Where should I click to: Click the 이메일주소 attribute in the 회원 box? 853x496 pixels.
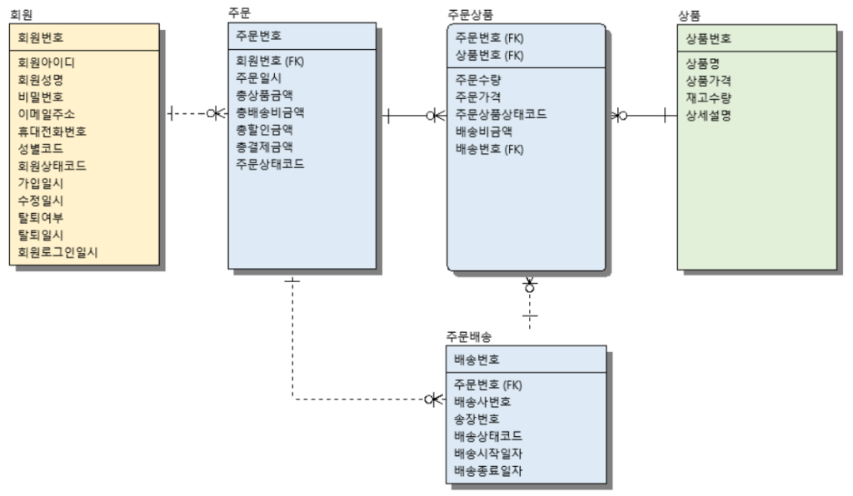46,114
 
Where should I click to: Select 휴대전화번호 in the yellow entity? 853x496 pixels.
52,131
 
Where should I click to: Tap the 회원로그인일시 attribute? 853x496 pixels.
57,252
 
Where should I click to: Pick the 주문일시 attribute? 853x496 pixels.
258,77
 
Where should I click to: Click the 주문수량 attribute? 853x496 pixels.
478,80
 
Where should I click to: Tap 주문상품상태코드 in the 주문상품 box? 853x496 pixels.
501,114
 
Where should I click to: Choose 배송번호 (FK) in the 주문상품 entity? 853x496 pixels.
489,149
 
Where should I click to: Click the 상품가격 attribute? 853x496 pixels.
708,81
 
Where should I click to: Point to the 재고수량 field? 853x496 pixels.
708,98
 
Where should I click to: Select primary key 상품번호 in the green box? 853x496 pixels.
708,38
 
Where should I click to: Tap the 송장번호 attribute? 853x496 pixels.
477,419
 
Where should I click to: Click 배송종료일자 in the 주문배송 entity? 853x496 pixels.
489,471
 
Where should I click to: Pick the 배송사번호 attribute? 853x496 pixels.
483,401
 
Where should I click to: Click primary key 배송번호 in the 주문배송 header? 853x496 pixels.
477,360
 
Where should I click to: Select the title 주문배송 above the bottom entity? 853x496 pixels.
468,337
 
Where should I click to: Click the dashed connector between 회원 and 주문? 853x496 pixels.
192,113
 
